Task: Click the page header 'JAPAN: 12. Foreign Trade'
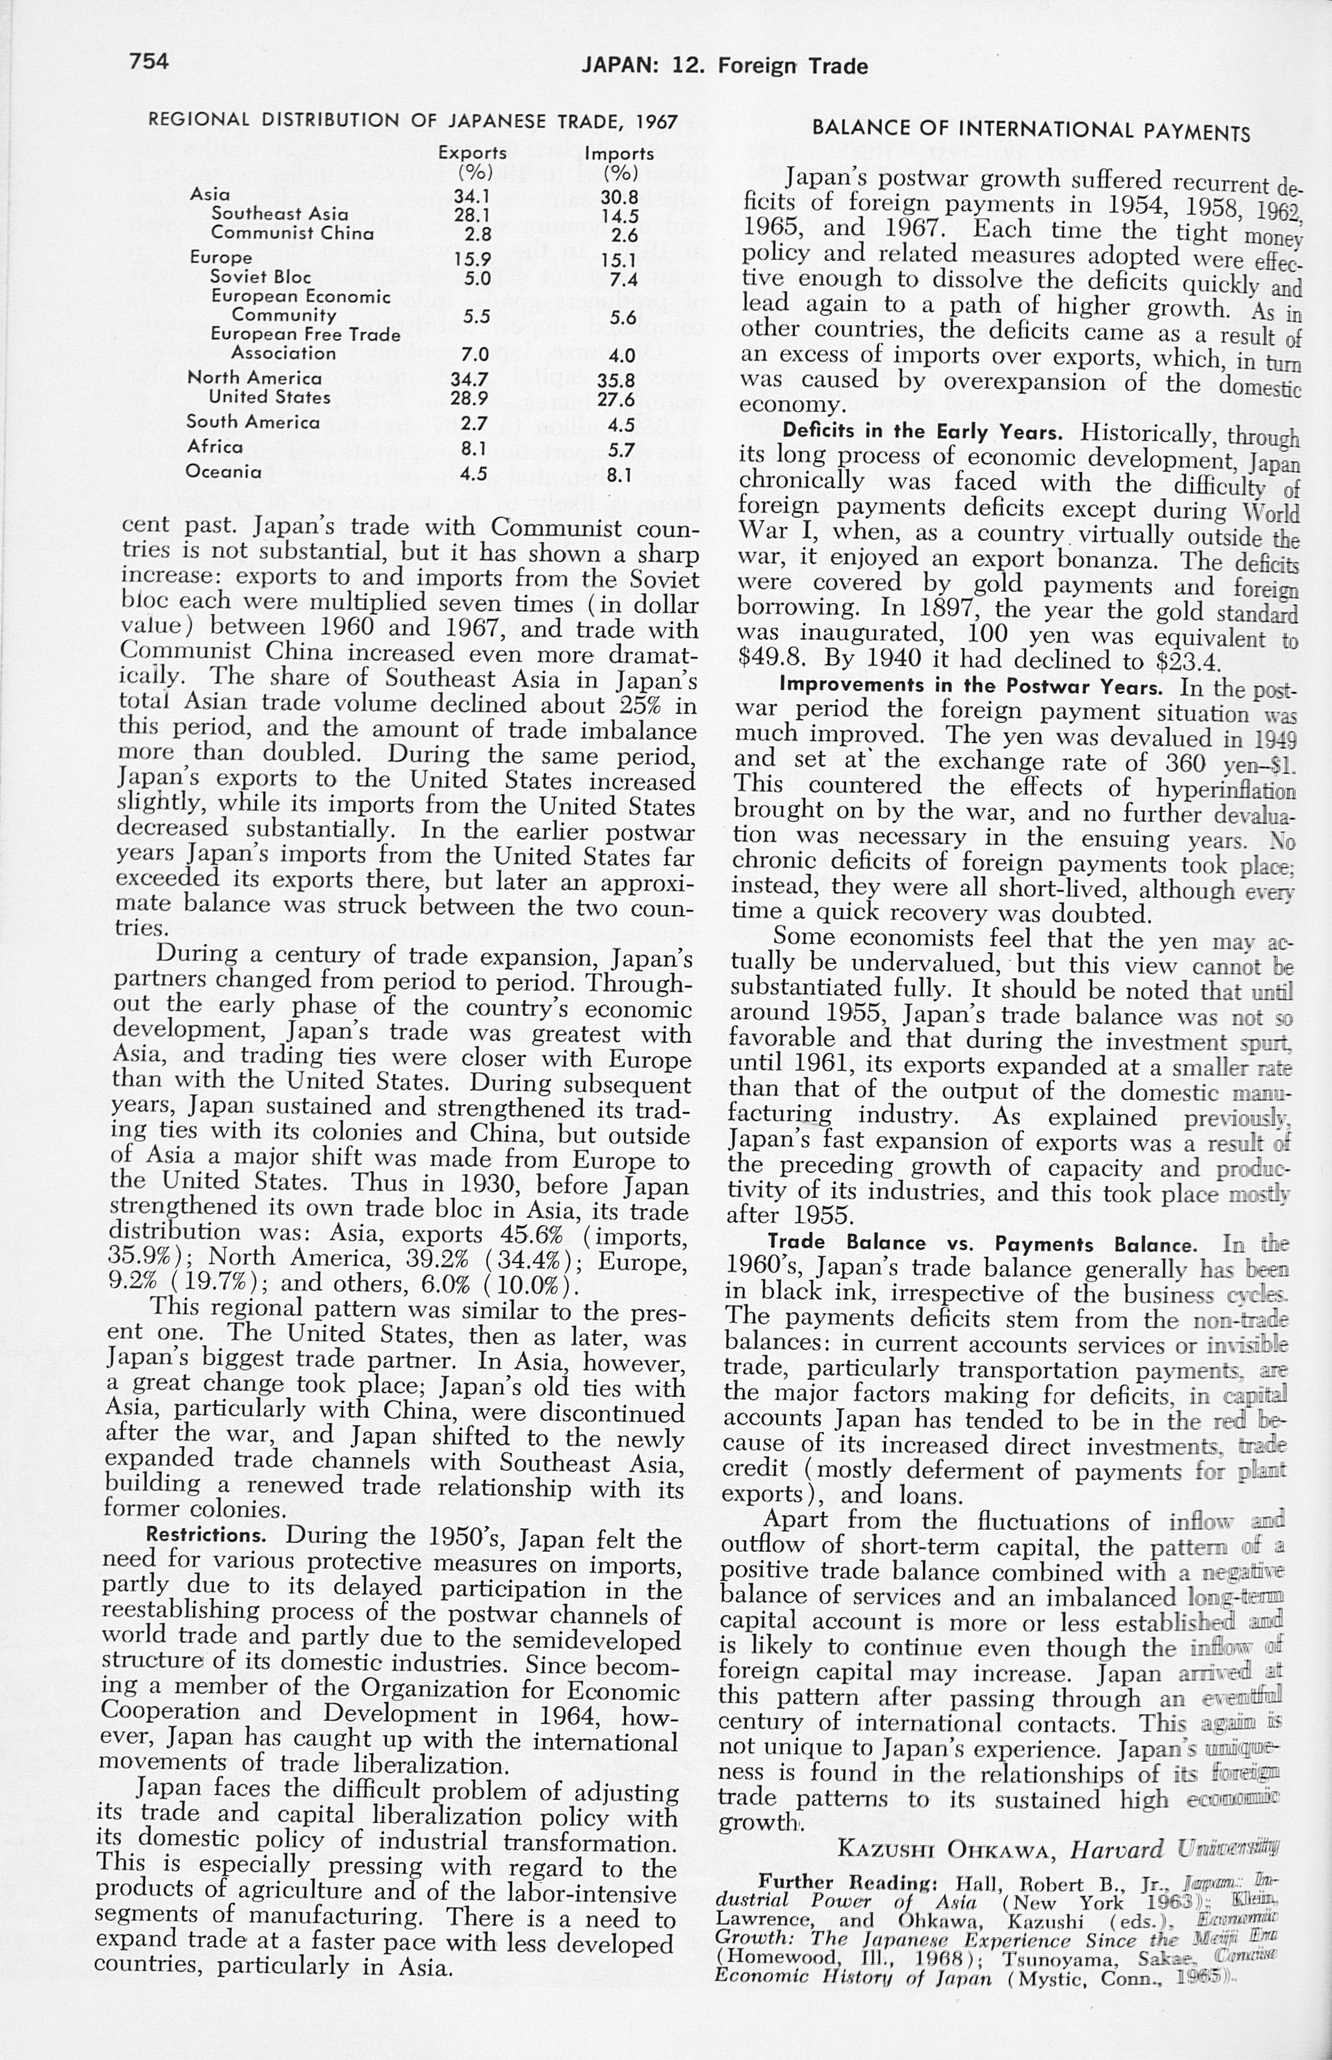[724, 66]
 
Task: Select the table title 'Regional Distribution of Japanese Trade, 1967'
[413, 120]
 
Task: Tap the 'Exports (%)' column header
[472, 161]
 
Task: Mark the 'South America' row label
[252, 422]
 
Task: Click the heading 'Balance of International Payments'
[1031, 131]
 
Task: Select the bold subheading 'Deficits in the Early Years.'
[922, 430]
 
